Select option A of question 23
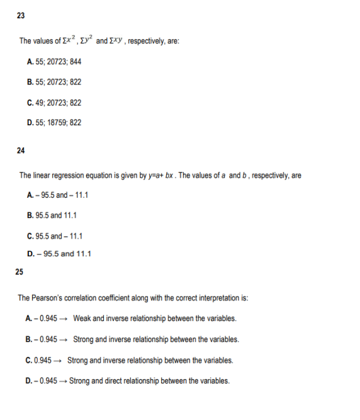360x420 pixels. point(54,62)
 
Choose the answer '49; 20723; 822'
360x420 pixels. point(55,102)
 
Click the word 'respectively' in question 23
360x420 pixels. point(137,41)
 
